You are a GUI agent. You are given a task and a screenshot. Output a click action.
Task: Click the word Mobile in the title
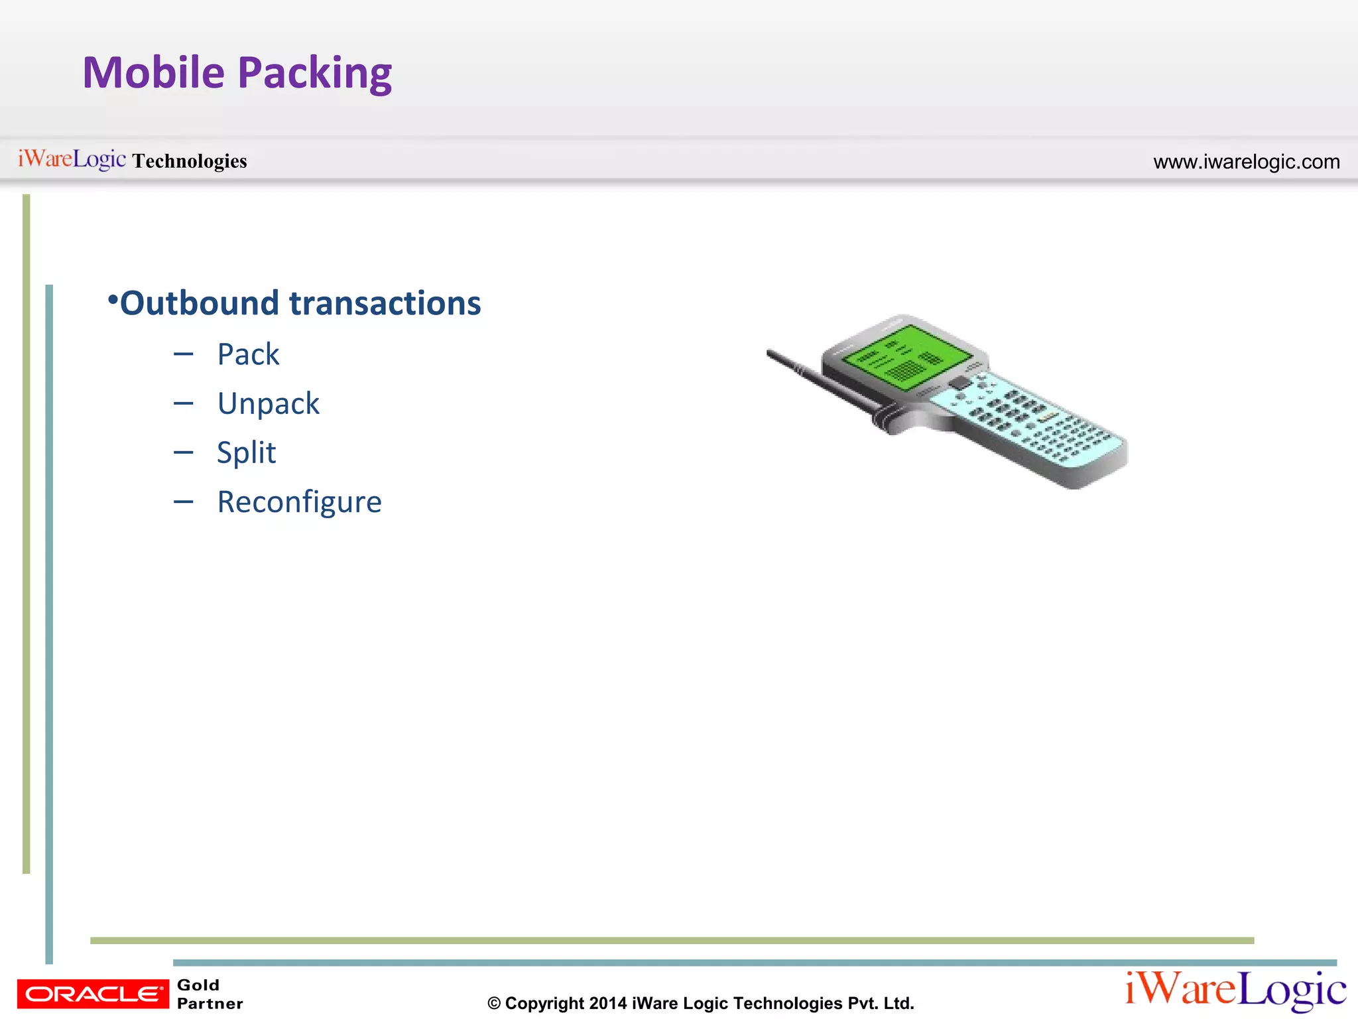[x=153, y=72]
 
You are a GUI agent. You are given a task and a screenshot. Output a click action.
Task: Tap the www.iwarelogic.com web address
[x=1246, y=162]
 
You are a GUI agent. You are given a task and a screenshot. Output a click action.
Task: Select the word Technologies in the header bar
[x=190, y=161]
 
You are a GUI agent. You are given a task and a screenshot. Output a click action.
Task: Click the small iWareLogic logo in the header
[x=72, y=159]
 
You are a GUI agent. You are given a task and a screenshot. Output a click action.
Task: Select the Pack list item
[x=248, y=354]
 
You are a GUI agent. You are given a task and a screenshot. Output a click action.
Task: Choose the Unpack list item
[x=268, y=403]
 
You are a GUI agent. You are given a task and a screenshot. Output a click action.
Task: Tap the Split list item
[x=246, y=453]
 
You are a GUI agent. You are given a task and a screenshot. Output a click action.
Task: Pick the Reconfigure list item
[x=299, y=502]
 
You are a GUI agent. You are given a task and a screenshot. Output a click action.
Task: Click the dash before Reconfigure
[x=183, y=502]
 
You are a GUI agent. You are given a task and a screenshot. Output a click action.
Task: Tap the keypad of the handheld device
[x=1034, y=421]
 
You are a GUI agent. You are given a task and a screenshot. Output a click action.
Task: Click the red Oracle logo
[x=93, y=994]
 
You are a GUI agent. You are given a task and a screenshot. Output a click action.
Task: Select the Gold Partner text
[x=209, y=994]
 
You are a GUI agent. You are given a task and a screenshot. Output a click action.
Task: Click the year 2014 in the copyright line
[x=607, y=1003]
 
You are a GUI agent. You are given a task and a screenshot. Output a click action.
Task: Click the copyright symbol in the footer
[x=494, y=1004]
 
